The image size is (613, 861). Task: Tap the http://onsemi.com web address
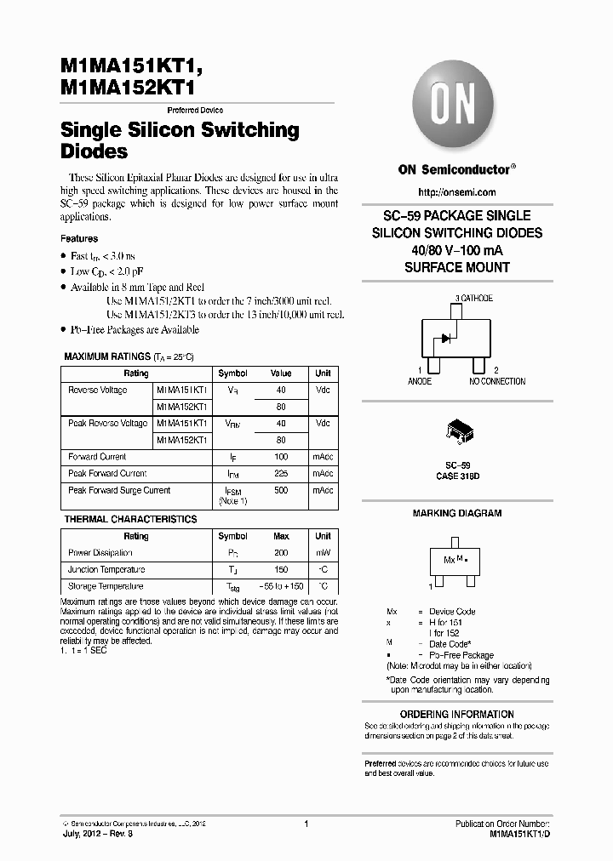pyautogui.click(x=457, y=192)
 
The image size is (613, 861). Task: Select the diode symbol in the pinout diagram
pyautogui.click(x=444, y=338)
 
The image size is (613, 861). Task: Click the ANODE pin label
pyautogui.click(x=419, y=382)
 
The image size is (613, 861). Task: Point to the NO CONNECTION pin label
pyautogui.click(x=497, y=382)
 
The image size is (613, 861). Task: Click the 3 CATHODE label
pyautogui.click(x=474, y=299)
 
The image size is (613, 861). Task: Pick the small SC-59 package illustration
pyautogui.click(x=459, y=431)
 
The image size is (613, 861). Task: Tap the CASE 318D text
pyautogui.click(x=458, y=478)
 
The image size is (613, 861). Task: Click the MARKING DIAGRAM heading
pyautogui.click(x=457, y=513)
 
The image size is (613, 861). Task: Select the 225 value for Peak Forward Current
pyautogui.click(x=281, y=473)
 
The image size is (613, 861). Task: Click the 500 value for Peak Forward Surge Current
pyautogui.click(x=281, y=490)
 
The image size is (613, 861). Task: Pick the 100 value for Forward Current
pyautogui.click(x=281, y=457)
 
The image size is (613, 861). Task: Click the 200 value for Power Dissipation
pyautogui.click(x=281, y=553)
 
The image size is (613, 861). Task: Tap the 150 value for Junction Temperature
pyautogui.click(x=281, y=570)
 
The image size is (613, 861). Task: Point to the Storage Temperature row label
pyautogui.click(x=106, y=586)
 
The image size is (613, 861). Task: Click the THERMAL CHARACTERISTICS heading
pyautogui.click(x=130, y=519)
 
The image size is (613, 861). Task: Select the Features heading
pyautogui.click(x=79, y=239)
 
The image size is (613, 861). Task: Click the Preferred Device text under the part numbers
pyautogui.click(x=195, y=111)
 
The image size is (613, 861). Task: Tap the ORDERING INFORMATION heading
pyautogui.click(x=457, y=714)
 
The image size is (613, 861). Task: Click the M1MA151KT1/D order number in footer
pyautogui.click(x=520, y=835)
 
